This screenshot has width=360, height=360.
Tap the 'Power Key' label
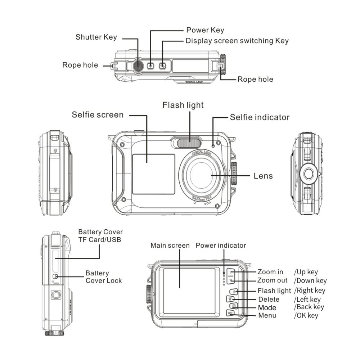[x=205, y=30]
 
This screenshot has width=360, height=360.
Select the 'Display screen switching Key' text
[x=237, y=41]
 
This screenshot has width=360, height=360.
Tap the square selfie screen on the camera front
[x=153, y=174]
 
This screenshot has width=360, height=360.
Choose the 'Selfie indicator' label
[x=260, y=117]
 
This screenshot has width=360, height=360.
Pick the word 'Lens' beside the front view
[x=263, y=176]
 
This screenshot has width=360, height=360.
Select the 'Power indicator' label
[x=221, y=246]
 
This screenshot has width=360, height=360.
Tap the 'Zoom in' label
[x=270, y=272]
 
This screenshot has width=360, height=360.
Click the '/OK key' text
[x=306, y=316]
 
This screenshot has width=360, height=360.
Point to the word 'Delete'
[x=269, y=299]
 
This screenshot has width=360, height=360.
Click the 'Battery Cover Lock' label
[x=104, y=277]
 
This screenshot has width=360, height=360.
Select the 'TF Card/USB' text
[x=99, y=240]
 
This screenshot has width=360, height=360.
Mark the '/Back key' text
[x=309, y=307]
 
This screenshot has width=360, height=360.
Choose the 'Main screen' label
[x=170, y=246]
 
